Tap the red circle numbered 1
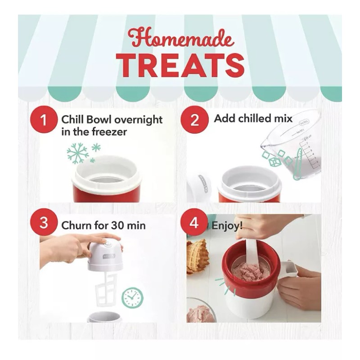[43, 121]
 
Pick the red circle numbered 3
[43, 224]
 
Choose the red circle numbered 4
[194, 224]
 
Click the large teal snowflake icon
[78, 153]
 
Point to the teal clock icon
[132, 297]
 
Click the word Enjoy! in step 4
[229, 225]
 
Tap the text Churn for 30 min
[103, 225]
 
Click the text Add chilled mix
[253, 119]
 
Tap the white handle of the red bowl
[288, 269]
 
